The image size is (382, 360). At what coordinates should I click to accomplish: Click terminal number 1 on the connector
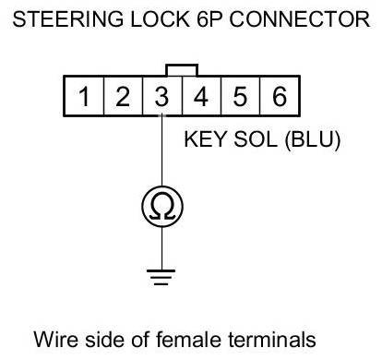(x=84, y=96)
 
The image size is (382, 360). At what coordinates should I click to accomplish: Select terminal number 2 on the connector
(x=123, y=96)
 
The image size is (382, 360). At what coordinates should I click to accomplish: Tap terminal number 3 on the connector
(x=162, y=96)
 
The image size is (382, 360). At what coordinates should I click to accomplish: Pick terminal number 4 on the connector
(x=201, y=96)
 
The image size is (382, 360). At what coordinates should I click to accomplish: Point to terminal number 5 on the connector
(x=240, y=96)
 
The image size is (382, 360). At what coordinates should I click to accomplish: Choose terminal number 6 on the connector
(x=280, y=96)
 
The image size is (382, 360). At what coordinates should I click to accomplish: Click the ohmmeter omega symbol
(x=162, y=207)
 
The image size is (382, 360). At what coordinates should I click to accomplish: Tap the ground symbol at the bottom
(x=161, y=277)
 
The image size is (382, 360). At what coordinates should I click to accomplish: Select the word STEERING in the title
(x=68, y=19)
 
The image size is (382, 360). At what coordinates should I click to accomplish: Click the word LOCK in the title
(x=160, y=19)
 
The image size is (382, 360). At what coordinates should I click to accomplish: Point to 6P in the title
(x=209, y=19)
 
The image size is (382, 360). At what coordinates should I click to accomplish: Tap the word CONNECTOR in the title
(x=300, y=19)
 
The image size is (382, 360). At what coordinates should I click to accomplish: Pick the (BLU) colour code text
(x=313, y=140)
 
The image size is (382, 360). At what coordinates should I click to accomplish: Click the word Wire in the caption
(x=56, y=340)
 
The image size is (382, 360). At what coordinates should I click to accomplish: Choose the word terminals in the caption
(x=272, y=340)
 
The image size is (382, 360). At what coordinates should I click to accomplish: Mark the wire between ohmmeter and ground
(x=162, y=248)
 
